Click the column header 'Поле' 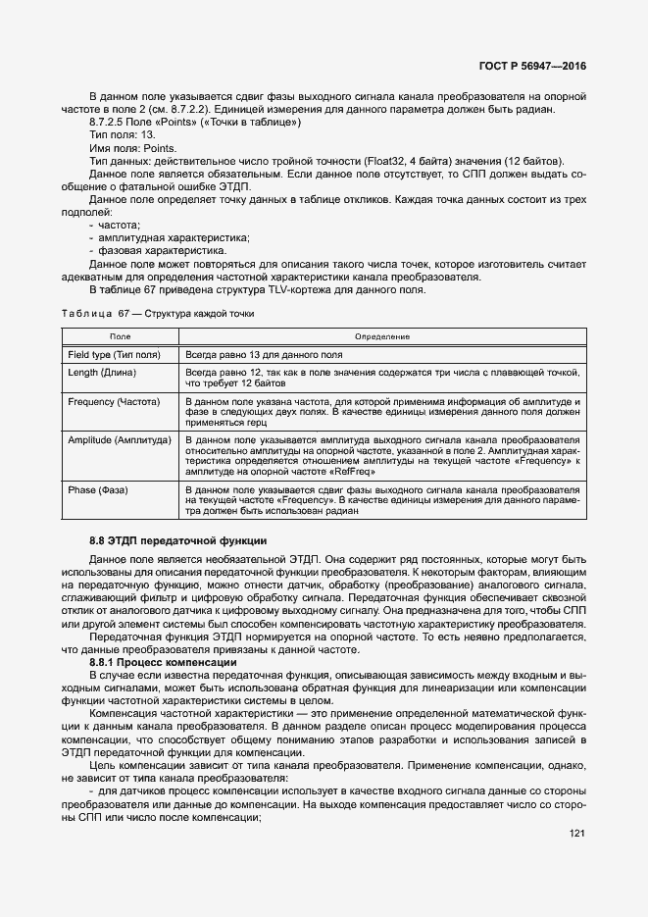(119, 336)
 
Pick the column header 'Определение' (381, 336)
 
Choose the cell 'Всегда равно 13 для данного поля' (264, 353)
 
